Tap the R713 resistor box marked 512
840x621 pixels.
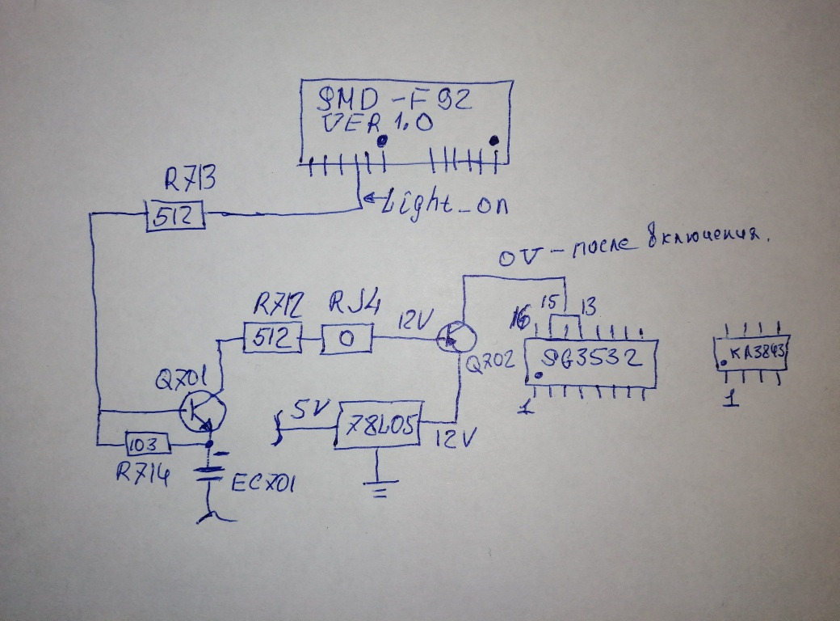(x=175, y=217)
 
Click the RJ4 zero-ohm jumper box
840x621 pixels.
(x=347, y=338)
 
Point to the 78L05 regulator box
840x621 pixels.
(x=377, y=422)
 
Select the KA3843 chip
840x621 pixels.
(x=751, y=353)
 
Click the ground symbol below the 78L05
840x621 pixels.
(x=377, y=484)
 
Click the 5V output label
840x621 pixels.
(x=307, y=411)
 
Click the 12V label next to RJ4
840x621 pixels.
(x=412, y=320)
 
